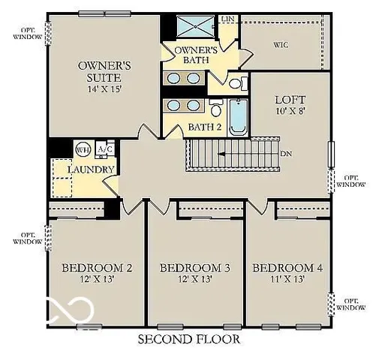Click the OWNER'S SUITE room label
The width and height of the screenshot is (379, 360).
104,70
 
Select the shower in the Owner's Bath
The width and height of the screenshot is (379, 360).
196,27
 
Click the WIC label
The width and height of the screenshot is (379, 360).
281,44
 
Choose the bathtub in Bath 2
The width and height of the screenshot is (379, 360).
238,116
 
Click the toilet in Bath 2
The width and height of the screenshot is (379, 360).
216,111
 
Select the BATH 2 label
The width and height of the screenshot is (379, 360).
205,127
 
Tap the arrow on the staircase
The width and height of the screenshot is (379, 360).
225,154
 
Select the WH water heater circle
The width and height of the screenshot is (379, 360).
83,148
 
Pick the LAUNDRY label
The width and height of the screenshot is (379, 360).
90,169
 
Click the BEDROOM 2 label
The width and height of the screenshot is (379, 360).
97,268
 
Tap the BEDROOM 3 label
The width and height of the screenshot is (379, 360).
195,268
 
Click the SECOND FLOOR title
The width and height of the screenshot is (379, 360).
188,339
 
